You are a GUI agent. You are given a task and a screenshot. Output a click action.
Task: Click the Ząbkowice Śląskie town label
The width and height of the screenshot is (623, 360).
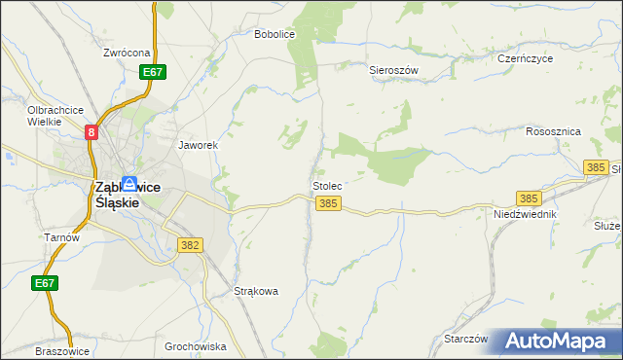pyautogui.click(x=127, y=195)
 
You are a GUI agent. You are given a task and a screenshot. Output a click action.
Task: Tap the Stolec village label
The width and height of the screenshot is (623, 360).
pyautogui.click(x=326, y=185)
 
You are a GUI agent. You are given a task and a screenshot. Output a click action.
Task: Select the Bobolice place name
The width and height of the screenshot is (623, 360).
pyautogui.click(x=274, y=34)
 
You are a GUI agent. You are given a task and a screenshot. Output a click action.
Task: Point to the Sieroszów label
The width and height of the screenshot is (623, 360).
pyautogui.click(x=393, y=71)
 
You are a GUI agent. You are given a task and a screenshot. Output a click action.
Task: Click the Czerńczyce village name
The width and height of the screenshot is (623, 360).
pyautogui.click(x=524, y=58)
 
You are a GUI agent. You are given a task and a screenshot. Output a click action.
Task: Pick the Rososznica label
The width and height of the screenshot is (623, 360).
pyautogui.click(x=553, y=130)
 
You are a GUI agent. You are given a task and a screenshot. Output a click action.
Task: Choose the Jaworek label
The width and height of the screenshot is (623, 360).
pyautogui.click(x=197, y=145)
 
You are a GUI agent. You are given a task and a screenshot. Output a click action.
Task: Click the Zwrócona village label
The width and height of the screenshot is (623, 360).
pyautogui.click(x=128, y=53)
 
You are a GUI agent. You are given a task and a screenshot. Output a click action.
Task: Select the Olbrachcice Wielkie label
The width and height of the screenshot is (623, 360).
pyautogui.click(x=55, y=116)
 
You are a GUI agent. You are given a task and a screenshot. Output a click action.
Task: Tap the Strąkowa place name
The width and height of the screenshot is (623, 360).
pyautogui.click(x=257, y=290)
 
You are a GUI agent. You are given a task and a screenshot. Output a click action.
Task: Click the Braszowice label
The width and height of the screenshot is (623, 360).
pyautogui.click(x=62, y=351)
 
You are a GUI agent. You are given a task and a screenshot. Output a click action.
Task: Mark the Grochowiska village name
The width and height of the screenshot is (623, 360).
pyautogui.click(x=195, y=345)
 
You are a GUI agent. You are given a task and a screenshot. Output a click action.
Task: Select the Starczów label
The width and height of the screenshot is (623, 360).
pyautogui.click(x=464, y=339)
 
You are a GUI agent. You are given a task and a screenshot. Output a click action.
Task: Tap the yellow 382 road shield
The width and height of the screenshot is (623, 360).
pyautogui.click(x=190, y=246)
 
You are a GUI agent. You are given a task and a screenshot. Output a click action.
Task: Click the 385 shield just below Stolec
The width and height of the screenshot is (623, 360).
pyautogui.click(x=328, y=203)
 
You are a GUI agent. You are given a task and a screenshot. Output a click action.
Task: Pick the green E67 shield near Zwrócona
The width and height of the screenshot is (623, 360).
pyautogui.click(x=152, y=72)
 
